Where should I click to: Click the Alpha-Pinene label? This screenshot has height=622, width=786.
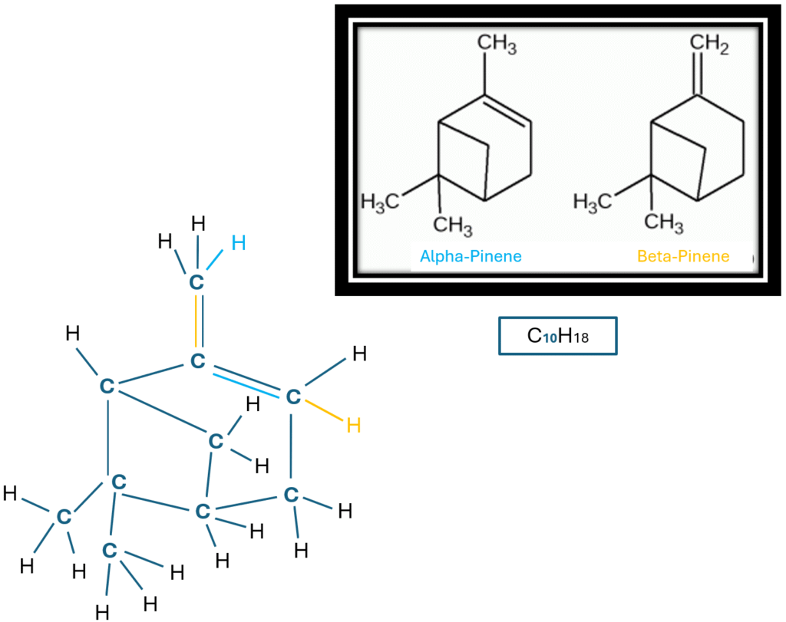tap(471, 256)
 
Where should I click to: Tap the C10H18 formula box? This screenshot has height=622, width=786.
tap(557, 336)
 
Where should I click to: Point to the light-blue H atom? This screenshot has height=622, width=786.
tap(239, 244)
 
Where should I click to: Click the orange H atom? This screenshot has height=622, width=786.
tap(353, 425)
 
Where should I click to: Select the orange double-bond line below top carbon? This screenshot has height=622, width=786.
tap(196, 322)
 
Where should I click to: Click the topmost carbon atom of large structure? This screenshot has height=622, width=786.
tap(197, 282)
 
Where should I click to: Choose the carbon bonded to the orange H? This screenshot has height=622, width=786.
tap(292, 397)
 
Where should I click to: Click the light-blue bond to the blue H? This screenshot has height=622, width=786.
tap(217, 262)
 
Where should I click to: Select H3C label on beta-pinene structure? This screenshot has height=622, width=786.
tap(596, 202)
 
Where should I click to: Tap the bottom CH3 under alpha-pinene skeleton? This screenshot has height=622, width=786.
tap(453, 226)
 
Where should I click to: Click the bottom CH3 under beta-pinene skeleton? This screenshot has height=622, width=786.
tap(663, 222)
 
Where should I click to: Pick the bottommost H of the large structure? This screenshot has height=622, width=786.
tap(102, 612)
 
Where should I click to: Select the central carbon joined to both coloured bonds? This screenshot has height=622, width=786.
tap(197, 360)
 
